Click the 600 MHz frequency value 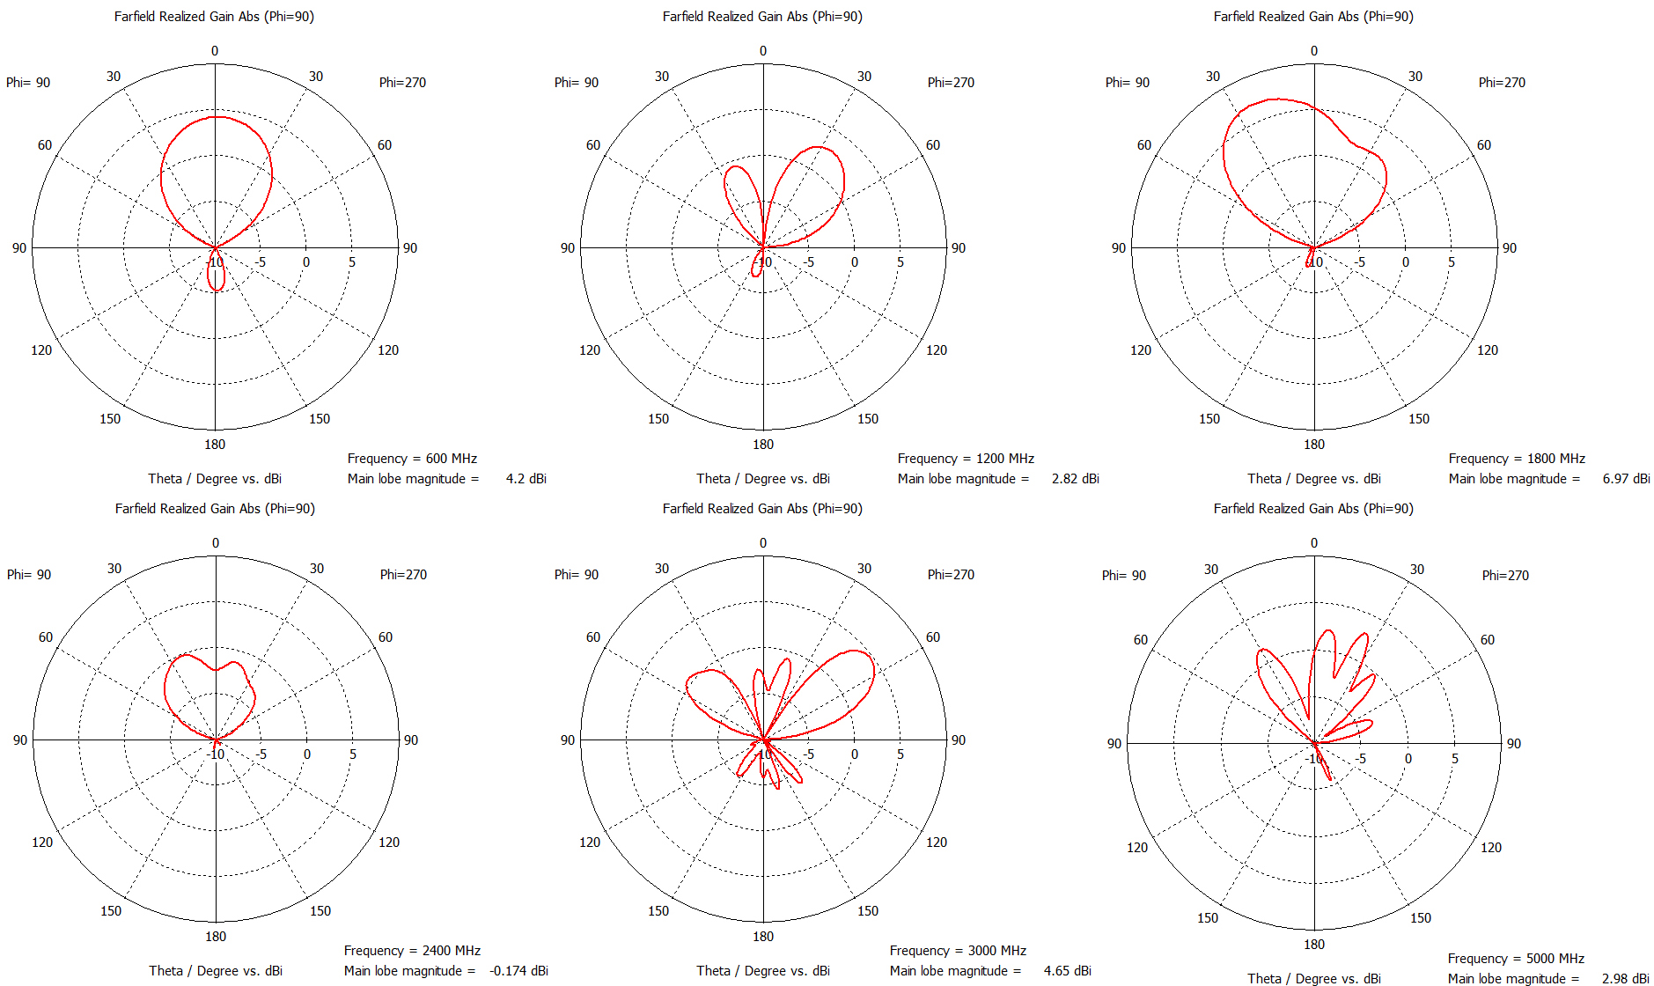[x=451, y=459]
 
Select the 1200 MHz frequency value [x=1004, y=459]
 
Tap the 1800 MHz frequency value [x=1555, y=459]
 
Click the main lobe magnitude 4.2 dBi [x=526, y=479]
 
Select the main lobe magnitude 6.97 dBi [x=1626, y=479]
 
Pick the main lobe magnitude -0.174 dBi [x=518, y=971]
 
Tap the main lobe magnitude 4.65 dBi [x=1067, y=971]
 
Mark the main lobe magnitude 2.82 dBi [x=1075, y=479]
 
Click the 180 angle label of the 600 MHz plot [x=215, y=445]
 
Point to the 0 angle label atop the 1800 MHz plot [x=1314, y=51]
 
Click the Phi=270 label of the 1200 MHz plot [x=951, y=83]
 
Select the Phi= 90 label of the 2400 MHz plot [x=29, y=575]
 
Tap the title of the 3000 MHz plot [x=762, y=509]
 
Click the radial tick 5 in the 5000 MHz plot [x=1455, y=759]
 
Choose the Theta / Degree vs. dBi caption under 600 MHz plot [x=215, y=479]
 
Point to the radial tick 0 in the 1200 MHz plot [x=855, y=262]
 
